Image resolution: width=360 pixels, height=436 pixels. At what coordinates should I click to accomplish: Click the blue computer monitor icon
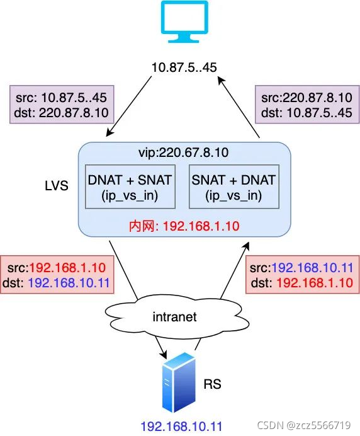click(184, 21)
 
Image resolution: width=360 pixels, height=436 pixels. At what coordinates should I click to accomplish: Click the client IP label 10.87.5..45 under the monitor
click(184, 67)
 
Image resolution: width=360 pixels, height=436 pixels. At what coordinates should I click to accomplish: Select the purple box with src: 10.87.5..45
click(62, 104)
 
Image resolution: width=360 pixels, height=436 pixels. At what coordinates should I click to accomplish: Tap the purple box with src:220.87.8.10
click(307, 104)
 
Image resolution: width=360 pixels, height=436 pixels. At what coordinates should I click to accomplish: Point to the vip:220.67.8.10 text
click(184, 152)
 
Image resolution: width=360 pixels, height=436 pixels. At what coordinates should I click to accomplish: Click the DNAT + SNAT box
click(130, 186)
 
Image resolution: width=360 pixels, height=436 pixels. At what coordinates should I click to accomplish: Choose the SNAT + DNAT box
click(234, 186)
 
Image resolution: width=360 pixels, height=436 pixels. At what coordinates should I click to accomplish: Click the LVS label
click(57, 185)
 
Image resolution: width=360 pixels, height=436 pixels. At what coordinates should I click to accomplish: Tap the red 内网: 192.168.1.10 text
click(184, 226)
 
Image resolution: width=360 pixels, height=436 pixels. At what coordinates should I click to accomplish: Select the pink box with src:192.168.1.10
click(57, 275)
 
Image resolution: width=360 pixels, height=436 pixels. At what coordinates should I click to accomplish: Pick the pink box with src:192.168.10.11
click(303, 275)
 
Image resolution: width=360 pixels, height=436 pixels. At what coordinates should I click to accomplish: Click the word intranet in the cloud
click(175, 317)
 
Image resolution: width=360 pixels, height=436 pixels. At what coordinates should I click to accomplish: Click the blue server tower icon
click(179, 382)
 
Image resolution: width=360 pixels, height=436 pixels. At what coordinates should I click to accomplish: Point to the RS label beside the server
click(213, 384)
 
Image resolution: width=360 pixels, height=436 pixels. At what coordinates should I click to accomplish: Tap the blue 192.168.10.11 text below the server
click(181, 427)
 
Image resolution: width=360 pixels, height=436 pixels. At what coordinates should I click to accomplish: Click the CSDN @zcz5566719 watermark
click(304, 425)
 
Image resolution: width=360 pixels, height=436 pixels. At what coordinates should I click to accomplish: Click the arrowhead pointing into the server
click(164, 354)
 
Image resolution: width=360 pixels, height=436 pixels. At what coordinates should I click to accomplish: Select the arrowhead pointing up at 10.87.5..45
click(221, 81)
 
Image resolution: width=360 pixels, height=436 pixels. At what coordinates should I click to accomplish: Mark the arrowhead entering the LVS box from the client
click(110, 132)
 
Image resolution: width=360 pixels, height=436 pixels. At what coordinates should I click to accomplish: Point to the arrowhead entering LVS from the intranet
click(246, 246)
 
